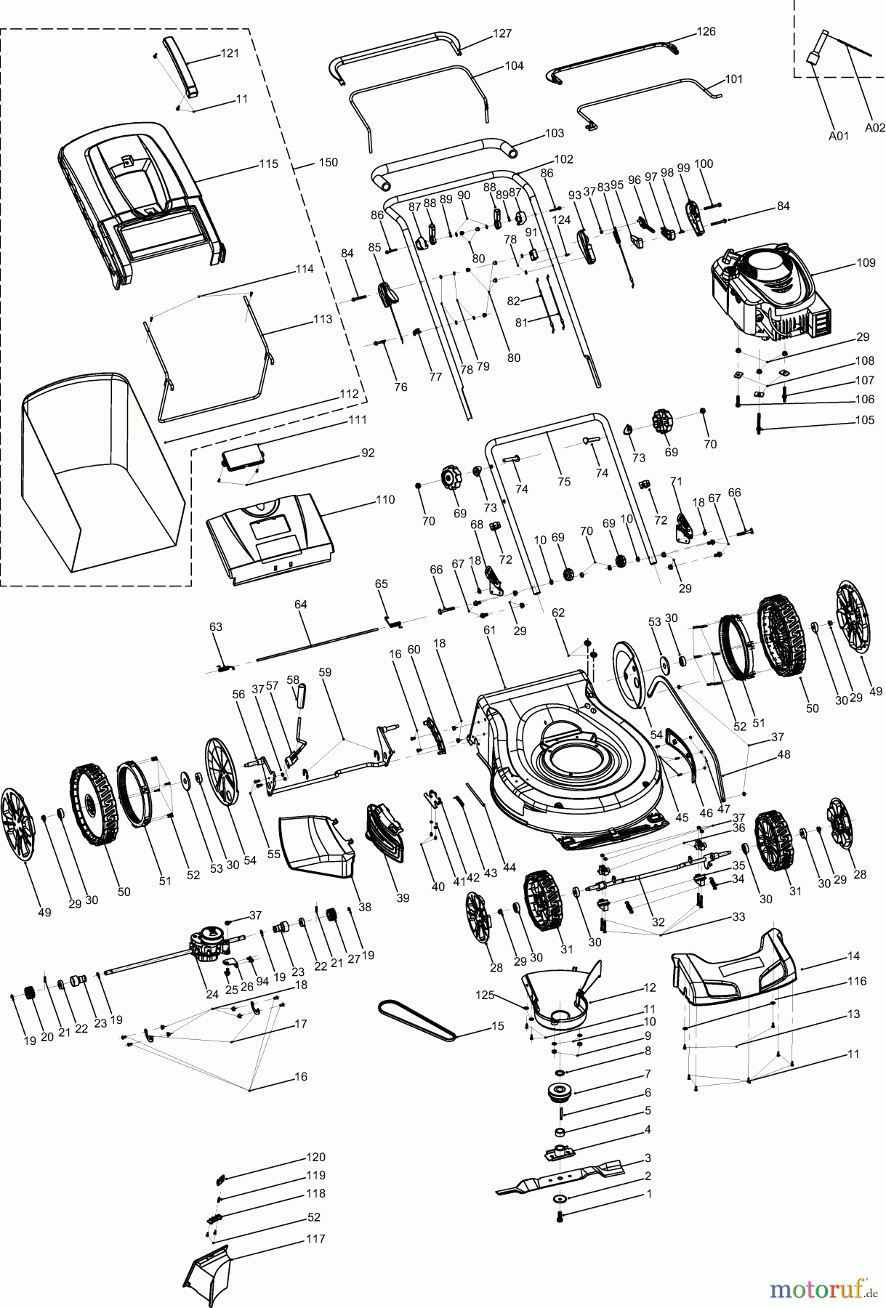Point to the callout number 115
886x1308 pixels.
click(x=268, y=164)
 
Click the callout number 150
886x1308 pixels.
click(x=328, y=163)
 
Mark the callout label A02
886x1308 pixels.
click(x=874, y=126)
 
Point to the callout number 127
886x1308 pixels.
click(x=502, y=33)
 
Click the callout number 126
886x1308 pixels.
click(x=706, y=31)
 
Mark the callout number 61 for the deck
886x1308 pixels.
click(x=489, y=630)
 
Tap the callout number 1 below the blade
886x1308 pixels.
click(x=649, y=1194)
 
